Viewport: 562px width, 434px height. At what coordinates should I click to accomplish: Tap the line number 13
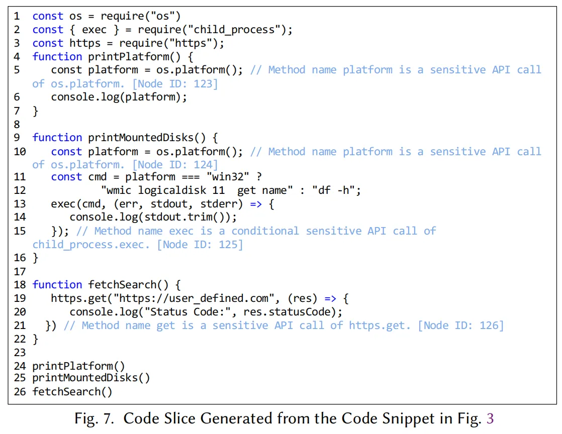tap(20, 204)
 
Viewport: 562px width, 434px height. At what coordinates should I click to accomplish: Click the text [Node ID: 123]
tap(175, 84)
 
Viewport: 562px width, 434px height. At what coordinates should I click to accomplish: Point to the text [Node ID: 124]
tap(175, 165)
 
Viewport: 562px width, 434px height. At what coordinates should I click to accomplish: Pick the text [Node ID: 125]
tap(200, 245)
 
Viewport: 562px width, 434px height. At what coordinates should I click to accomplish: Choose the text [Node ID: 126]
tap(461, 325)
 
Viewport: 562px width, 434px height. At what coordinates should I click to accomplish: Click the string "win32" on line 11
tap(228, 177)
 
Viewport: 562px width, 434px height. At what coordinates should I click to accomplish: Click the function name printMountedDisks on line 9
tap(141, 138)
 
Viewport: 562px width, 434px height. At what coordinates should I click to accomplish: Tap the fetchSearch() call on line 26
tap(72, 392)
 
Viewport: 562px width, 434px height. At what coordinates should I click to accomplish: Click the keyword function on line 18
tap(57, 285)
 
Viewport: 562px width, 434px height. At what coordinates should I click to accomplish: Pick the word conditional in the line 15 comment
tap(265, 231)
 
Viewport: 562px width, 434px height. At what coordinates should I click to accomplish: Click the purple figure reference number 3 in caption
tap(490, 418)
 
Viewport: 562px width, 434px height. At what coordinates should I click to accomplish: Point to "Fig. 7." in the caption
tap(94, 418)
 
